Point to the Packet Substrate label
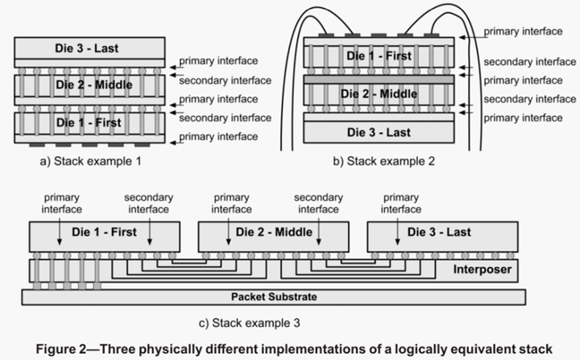pyautogui.click(x=275, y=297)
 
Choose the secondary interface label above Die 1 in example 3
pyautogui.click(x=147, y=203)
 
